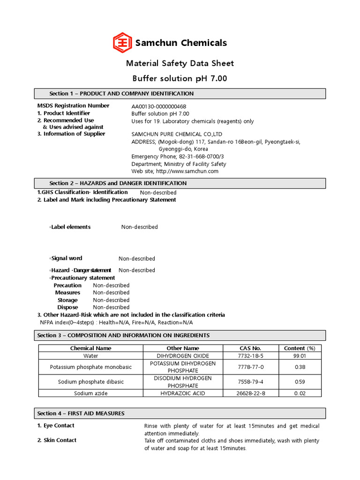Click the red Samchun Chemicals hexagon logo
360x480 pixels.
click(123, 43)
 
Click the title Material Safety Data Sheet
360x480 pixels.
click(180, 63)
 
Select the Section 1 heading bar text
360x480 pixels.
click(121, 94)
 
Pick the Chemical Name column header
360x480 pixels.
click(90, 348)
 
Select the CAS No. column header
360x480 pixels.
click(250, 348)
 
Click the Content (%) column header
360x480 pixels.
click(300, 348)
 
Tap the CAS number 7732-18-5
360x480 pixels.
click(250, 356)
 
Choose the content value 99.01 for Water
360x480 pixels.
click(300, 356)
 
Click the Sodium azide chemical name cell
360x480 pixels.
click(90, 393)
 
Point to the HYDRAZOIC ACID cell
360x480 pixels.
click(183, 393)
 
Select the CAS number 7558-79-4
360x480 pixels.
click(250, 382)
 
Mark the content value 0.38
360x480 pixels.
click(300, 367)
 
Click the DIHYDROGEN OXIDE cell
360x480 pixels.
click(183, 356)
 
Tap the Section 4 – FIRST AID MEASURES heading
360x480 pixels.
click(81, 413)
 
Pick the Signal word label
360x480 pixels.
click(66, 258)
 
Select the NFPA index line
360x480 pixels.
click(116, 322)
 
